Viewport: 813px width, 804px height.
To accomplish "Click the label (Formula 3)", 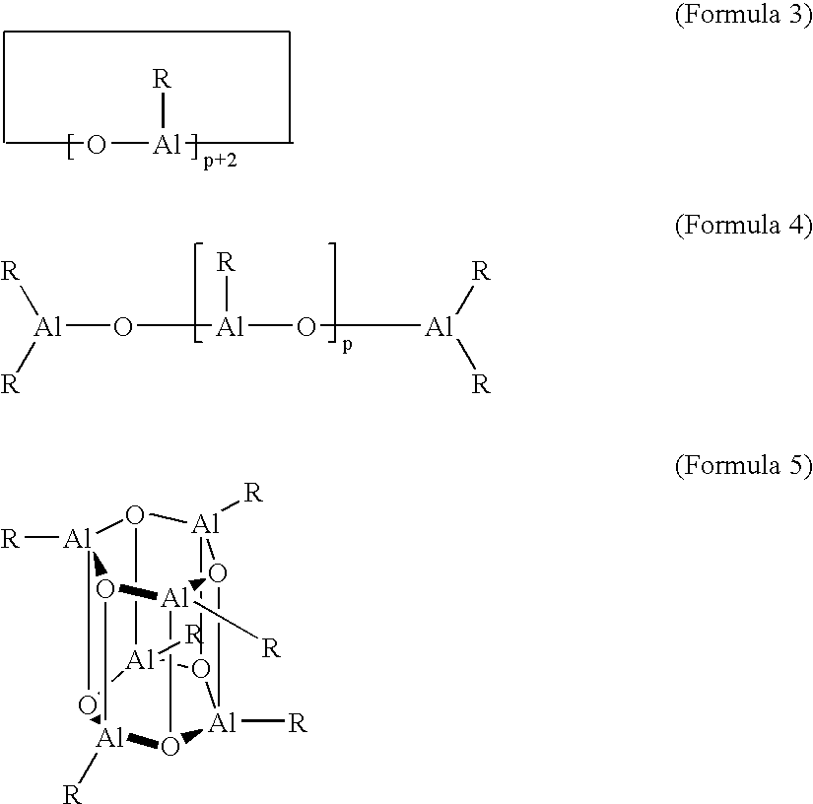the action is click(743, 14).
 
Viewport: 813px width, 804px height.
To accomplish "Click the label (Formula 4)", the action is click(743, 225).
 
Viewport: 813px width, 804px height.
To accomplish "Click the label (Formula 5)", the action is click(743, 464).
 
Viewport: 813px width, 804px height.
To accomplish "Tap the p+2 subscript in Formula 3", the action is click(221, 162).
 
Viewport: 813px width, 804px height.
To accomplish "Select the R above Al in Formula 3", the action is click(162, 79).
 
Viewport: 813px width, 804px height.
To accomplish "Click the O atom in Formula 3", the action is click(96, 145).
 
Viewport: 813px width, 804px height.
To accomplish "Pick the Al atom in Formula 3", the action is click(167, 144).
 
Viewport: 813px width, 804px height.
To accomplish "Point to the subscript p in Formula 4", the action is click(348, 345).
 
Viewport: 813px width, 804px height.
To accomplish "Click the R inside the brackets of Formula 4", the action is click(226, 263).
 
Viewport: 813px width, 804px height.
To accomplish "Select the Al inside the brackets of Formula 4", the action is click(231, 326).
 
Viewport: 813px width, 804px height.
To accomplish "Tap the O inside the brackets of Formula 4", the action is click(305, 327).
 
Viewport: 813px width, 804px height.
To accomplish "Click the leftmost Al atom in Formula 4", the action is click(47, 326).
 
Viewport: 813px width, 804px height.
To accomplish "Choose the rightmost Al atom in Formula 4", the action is click(440, 326).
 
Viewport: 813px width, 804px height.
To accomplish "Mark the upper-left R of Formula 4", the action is click(10, 271).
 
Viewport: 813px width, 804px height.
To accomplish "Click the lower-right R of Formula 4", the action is click(481, 384).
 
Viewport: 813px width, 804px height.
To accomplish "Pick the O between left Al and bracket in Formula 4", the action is click(122, 327).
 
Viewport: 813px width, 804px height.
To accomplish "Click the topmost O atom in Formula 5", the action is click(135, 515).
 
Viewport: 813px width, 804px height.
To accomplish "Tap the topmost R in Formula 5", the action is click(253, 493).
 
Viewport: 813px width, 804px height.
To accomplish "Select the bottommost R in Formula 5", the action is click(72, 794).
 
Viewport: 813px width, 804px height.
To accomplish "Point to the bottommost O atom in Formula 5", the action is click(170, 747).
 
